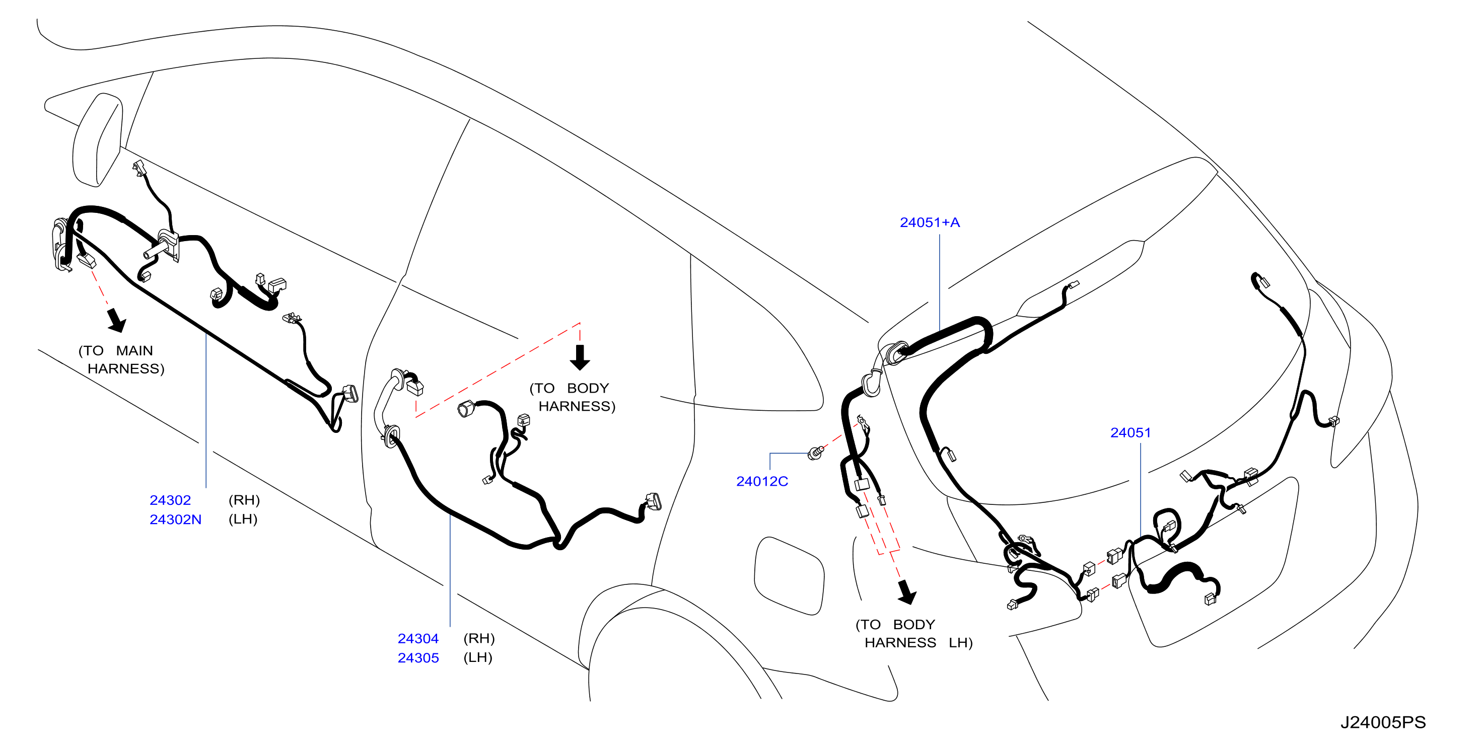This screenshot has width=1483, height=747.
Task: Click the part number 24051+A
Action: (x=929, y=222)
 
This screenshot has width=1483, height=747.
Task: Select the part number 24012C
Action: (x=762, y=481)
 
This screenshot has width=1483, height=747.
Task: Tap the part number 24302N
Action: (x=175, y=519)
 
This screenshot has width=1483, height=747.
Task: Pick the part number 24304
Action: (x=418, y=638)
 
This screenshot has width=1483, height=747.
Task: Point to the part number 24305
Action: (x=418, y=658)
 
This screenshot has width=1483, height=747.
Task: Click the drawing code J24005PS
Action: (x=1383, y=722)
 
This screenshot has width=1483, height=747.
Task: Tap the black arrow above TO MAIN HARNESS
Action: (x=116, y=320)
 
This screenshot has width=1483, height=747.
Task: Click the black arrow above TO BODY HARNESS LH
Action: (x=907, y=592)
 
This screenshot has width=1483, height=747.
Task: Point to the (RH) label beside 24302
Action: (x=244, y=500)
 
